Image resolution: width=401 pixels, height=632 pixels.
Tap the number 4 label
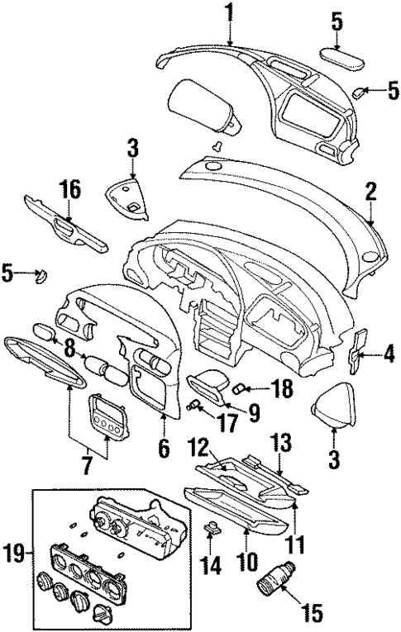click(x=389, y=356)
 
